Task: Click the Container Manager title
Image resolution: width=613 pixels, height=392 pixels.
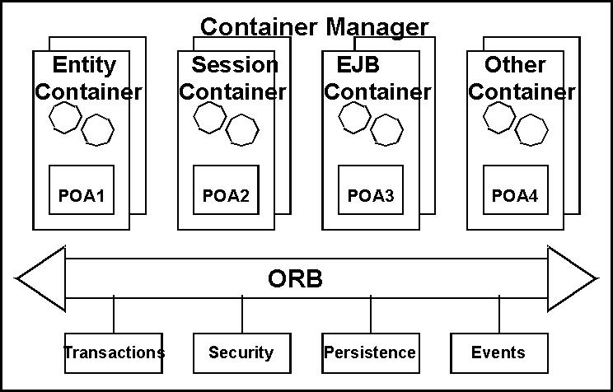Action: coord(314,26)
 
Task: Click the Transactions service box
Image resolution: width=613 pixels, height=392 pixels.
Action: coord(114,352)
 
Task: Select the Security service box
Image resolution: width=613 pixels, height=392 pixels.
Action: coord(241,352)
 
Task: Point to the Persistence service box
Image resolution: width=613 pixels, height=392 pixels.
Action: coord(370,352)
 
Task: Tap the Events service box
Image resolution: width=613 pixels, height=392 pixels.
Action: coord(498,352)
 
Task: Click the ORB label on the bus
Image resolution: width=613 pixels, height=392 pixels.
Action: coord(296,279)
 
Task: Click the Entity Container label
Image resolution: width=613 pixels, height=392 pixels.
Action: coord(87,77)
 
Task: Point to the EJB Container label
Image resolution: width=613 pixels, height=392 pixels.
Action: coord(377,77)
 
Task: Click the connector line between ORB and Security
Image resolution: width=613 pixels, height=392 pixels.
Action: coord(242,315)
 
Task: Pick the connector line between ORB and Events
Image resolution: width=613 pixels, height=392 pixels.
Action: coord(499,315)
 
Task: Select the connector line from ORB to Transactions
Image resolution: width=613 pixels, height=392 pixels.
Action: coord(114,315)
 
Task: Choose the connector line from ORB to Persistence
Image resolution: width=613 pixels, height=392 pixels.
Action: coord(371,315)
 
